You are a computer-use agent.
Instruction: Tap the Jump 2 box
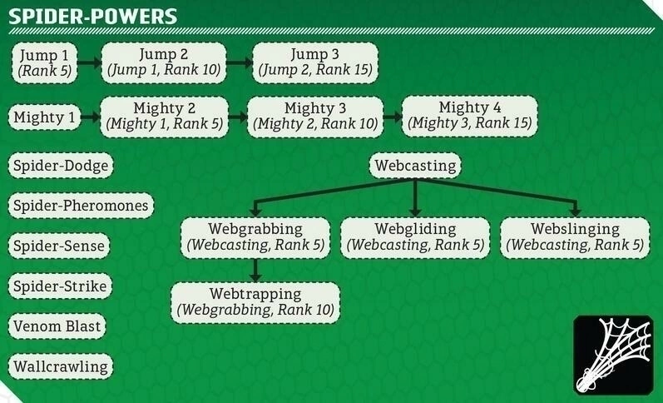164,62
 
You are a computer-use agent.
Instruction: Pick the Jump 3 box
315,62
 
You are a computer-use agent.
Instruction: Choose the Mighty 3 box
315,116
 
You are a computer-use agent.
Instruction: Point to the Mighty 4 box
469,116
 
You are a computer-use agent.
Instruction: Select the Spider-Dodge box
60,166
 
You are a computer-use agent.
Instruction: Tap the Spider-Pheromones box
81,206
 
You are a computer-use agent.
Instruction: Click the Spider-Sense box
60,246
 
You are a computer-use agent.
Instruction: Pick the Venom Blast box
57,326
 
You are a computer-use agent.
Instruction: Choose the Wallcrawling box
60,366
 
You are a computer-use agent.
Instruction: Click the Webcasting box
415,166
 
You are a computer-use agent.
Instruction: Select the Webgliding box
415,236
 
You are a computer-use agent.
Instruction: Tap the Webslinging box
575,236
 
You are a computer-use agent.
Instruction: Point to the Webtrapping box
255,301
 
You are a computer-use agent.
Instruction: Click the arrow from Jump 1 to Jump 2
90,62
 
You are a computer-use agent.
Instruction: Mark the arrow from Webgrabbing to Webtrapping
255,270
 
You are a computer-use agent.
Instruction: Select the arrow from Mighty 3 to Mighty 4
393,117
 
